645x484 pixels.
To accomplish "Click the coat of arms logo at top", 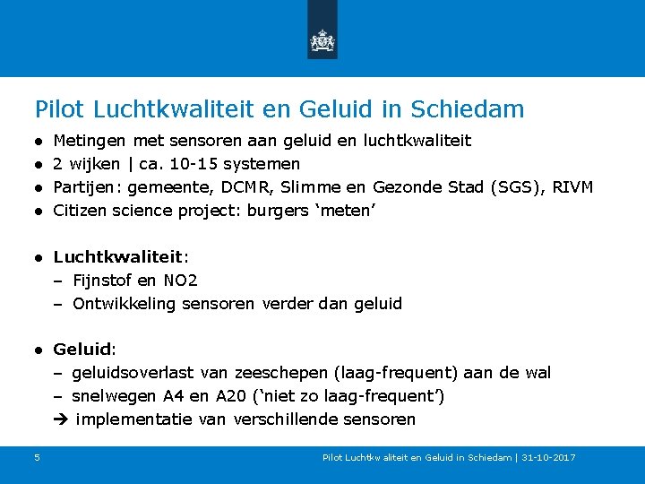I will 322,40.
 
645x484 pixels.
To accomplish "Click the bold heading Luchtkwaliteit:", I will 121,257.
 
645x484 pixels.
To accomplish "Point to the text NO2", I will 181,281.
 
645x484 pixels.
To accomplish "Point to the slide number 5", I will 37,458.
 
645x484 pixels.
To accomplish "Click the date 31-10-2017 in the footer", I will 549,458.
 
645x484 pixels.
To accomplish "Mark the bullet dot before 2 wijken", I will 40,165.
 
